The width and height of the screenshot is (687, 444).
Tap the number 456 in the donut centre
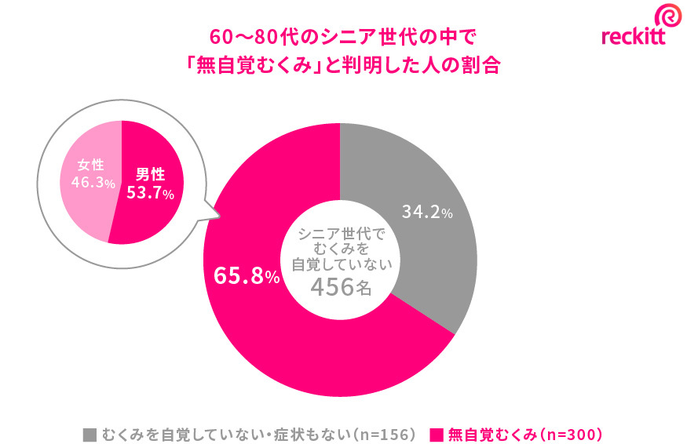tap(331, 287)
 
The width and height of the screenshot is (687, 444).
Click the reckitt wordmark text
tap(634, 38)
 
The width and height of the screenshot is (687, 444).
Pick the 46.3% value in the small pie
tap(87, 183)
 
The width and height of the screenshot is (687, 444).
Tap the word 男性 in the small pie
tap(149, 175)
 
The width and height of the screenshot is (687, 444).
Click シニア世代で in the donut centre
tap(340, 233)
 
